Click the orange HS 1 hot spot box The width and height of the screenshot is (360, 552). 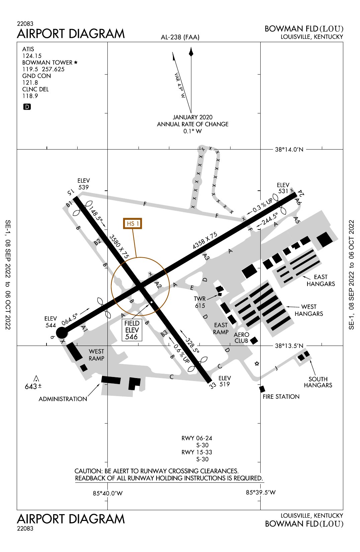click(133, 223)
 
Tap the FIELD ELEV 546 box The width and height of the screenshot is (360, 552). click(132, 330)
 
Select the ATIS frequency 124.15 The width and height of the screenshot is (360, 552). click(32, 56)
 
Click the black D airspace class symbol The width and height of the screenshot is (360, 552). click(27, 107)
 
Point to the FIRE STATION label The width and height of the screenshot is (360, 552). click(281, 397)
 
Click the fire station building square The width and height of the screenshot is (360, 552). click(262, 389)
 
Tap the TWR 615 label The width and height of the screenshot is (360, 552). click(200, 302)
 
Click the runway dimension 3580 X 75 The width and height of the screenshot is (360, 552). click(119, 246)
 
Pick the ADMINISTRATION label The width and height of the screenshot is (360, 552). click(63, 399)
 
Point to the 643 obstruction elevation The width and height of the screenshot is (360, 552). click(31, 386)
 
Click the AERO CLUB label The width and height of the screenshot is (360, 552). click(241, 338)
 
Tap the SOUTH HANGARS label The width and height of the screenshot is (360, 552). click(318, 382)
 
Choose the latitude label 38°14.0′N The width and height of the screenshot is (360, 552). click(289, 150)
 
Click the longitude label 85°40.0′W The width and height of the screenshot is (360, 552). click(108, 493)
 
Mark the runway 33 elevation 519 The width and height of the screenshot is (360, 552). click(224, 381)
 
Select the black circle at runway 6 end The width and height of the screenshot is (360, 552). click(62, 333)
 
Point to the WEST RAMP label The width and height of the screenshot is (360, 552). click(96, 355)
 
